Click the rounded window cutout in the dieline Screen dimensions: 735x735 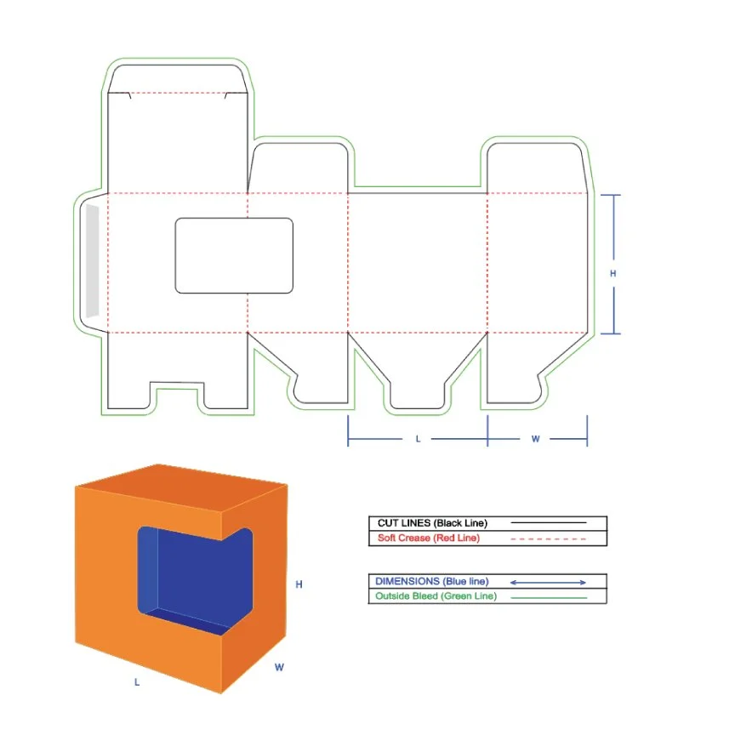234,255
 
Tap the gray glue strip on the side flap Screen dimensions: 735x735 93,261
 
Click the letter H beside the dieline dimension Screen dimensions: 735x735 612,273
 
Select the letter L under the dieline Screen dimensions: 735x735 418,439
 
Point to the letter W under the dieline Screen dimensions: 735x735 535,439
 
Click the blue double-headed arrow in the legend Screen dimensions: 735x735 548,582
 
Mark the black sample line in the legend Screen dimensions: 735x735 548,522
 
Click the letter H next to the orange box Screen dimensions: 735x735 299,584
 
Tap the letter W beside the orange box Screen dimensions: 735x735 279,668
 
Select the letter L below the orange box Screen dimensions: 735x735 136,682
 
